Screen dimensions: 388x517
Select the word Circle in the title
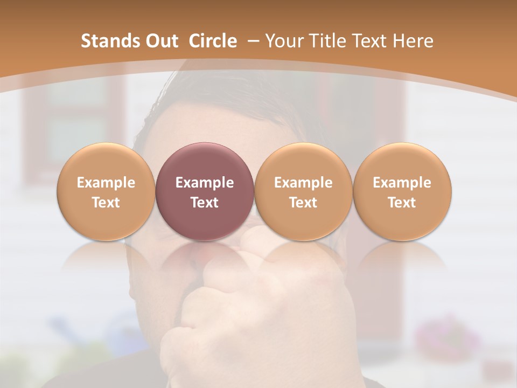[213, 41]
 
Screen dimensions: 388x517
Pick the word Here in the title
[413, 41]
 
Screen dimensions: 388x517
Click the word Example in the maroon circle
[205, 183]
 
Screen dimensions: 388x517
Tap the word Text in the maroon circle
[205, 203]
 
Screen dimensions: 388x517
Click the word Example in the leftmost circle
[106, 183]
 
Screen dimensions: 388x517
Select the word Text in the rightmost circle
[402, 203]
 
